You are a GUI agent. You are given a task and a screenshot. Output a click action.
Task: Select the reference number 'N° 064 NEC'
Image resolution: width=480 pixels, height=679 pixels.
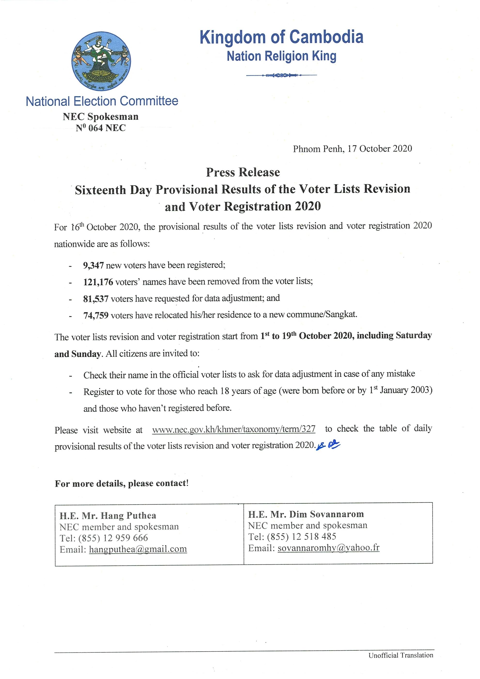point(101,128)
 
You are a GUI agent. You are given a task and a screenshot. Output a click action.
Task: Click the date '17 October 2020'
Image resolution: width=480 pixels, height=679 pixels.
point(379,148)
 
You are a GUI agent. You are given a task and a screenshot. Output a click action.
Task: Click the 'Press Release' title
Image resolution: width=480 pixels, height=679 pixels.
point(243,172)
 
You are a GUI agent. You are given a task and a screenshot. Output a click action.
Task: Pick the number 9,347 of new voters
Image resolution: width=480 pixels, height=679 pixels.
point(93,265)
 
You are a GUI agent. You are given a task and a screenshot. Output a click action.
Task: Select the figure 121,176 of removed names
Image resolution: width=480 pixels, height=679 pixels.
point(98,282)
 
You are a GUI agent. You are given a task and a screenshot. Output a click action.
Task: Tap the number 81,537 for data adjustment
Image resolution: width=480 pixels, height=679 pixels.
point(96,299)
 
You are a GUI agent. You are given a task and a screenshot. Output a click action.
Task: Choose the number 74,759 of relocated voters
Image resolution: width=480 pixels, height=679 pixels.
point(96,316)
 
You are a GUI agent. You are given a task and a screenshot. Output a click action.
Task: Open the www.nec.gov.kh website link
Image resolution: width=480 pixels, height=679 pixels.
point(234,429)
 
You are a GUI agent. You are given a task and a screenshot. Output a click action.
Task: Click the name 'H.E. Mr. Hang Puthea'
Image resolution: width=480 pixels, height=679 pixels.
point(108,516)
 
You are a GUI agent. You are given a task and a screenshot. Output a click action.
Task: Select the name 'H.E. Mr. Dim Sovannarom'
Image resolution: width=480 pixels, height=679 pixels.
point(306,514)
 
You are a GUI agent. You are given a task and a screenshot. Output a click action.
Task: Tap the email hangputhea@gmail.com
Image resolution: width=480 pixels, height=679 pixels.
point(138,549)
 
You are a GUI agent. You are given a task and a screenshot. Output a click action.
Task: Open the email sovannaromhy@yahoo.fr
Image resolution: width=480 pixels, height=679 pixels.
point(328,548)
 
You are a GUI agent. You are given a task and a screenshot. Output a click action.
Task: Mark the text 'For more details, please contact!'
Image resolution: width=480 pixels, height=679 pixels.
point(122,484)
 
